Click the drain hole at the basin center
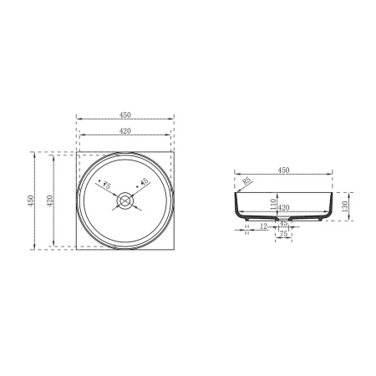click(124, 201)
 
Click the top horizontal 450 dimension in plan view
click(124, 114)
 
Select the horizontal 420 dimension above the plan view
click(124, 130)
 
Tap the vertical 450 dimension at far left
click(31, 201)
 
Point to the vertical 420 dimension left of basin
click(50, 201)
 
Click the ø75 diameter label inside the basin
click(105, 184)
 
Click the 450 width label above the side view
click(283, 170)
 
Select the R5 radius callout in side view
click(247, 180)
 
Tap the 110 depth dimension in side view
click(272, 201)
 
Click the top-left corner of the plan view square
click(76, 152)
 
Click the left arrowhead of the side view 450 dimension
click(236, 175)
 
